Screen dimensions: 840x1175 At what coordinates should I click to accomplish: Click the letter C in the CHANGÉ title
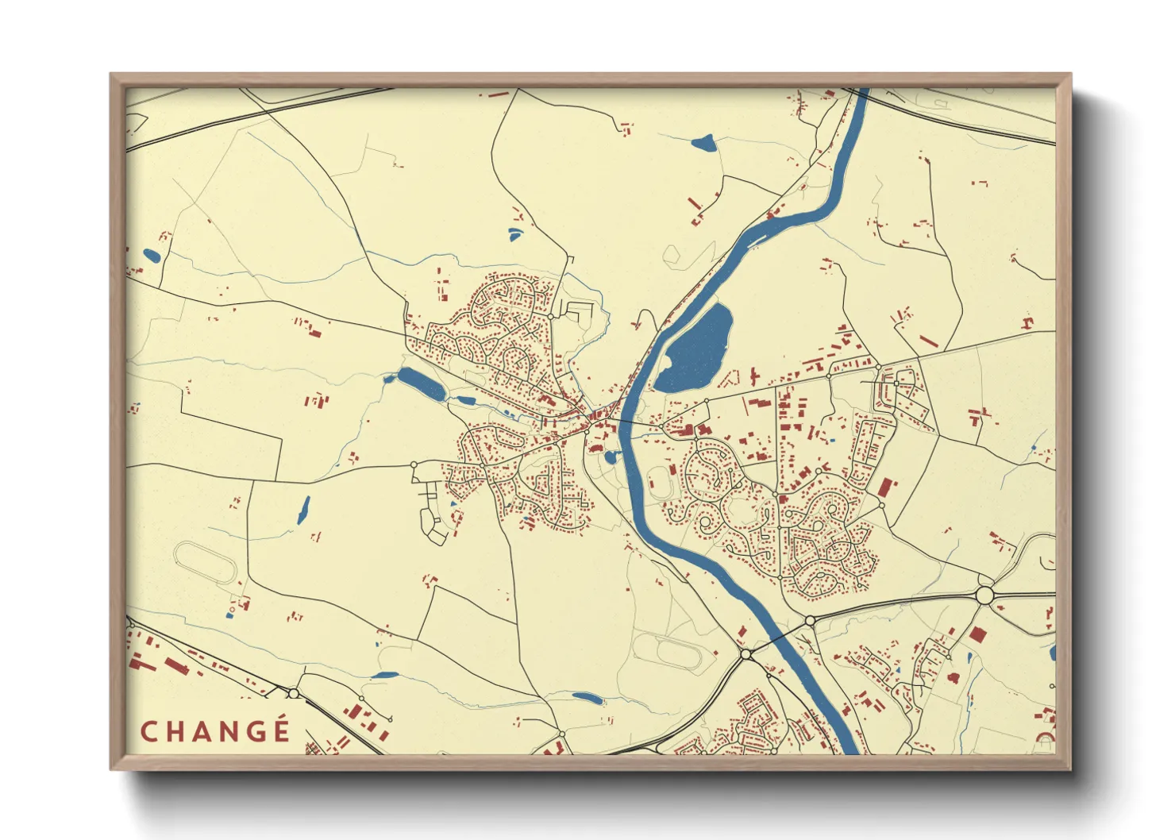coord(148,731)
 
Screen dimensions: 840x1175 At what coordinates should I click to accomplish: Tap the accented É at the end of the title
coord(281,730)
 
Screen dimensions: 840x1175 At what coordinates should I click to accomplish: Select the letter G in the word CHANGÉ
coord(255,731)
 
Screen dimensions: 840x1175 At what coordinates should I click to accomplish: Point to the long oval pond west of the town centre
coord(422,384)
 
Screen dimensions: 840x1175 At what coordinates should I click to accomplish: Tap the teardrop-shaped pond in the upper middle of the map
coord(703,144)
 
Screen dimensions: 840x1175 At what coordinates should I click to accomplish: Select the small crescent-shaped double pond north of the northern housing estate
coord(515,233)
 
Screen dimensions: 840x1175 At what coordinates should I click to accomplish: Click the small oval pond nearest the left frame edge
coord(151,256)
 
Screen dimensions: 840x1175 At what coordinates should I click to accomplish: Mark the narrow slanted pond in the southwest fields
coord(303,510)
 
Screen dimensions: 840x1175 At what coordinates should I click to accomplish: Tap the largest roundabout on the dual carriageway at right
coord(984,595)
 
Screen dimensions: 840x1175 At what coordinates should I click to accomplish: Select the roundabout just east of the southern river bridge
coord(810,620)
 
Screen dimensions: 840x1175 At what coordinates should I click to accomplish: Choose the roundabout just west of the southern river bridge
coord(746,654)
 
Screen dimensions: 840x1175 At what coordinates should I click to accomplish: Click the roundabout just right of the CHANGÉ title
coord(294,694)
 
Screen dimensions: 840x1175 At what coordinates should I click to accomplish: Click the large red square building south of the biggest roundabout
coord(977,634)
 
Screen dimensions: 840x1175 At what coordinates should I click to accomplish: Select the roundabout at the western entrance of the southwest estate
coord(414,464)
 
